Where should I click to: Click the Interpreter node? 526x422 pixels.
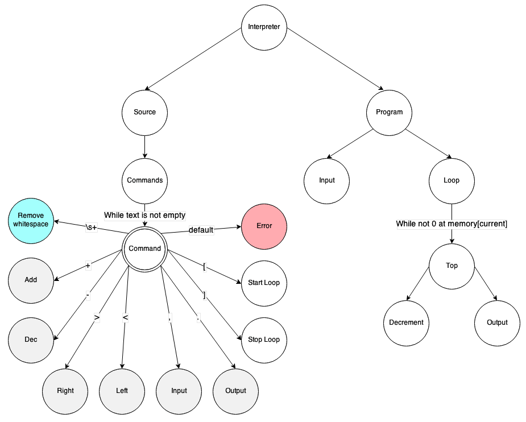pos(264,27)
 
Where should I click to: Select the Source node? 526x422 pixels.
pos(144,112)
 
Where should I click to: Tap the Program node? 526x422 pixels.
pos(389,112)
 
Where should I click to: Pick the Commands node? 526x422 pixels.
pos(144,180)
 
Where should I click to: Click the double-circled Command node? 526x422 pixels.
pos(144,249)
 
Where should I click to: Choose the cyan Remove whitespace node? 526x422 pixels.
pos(31,220)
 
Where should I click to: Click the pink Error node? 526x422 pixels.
pos(264,226)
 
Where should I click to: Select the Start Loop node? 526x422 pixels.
pos(264,283)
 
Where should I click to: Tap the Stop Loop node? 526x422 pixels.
pos(264,340)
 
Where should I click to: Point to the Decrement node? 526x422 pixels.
pos(406,322)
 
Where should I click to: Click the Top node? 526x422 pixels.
pos(452,266)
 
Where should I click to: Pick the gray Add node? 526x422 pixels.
pos(31,280)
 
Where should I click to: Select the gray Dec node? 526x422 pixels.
pos(31,340)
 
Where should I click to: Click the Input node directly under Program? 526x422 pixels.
pos(326,180)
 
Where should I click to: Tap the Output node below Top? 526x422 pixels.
pos(497,322)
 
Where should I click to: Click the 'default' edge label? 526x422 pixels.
pos(201,230)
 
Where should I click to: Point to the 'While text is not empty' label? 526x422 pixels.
pos(144,215)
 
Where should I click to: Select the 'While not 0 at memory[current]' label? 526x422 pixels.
pos(452,224)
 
